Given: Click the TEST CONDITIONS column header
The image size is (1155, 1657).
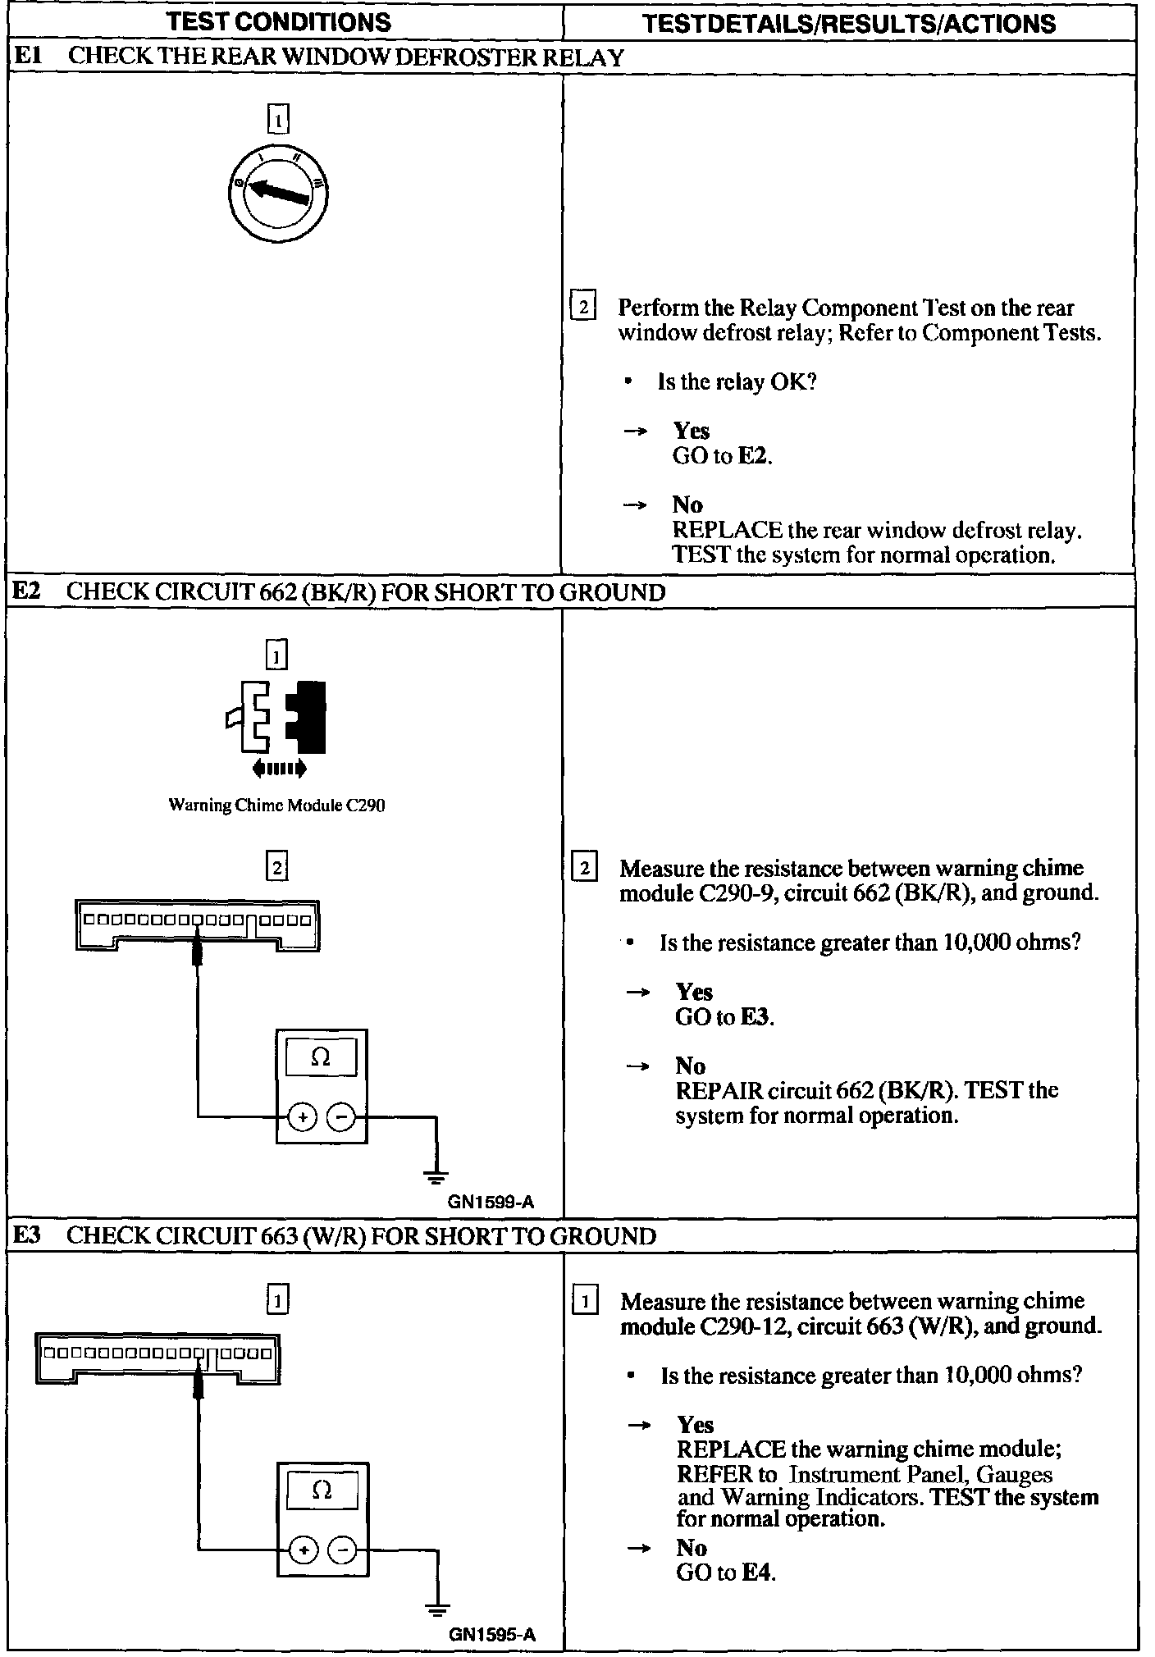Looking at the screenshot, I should [x=279, y=22].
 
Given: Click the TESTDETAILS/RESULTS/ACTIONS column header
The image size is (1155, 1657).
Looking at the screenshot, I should [x=849, y=23].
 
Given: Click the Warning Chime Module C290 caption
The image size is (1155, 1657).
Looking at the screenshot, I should [x=276, y=806].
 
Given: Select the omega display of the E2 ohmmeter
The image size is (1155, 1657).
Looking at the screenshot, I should [x=321, y=1057].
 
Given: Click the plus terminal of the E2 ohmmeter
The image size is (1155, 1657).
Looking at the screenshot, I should [x=303, y=1116].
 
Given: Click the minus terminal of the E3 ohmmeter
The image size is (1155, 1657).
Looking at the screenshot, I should [x=343, y=1550].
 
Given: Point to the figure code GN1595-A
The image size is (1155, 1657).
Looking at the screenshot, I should [x=492, y=1634].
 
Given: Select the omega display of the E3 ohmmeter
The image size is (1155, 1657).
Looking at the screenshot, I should [x=322, y=1490].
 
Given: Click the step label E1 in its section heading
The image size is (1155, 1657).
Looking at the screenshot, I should [x=28, y=57].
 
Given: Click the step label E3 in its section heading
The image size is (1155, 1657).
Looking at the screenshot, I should [x=28, y=1235].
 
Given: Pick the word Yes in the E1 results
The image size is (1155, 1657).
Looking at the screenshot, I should [x=692, y=431].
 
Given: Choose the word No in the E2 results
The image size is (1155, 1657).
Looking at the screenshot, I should [x=690, y=1066].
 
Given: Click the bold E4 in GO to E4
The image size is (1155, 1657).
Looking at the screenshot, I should [x=757, y=1573].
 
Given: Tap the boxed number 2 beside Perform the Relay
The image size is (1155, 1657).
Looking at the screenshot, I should [x=582, y=308].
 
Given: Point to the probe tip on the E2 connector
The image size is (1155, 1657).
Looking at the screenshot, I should [x=197, y=952].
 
